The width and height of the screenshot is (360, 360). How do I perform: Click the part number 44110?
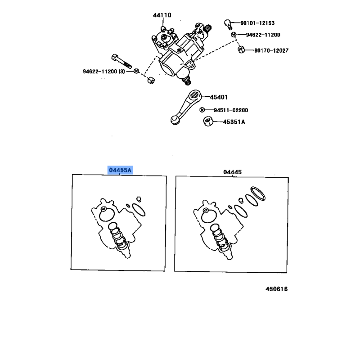[162, 15]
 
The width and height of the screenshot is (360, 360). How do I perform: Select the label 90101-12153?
[257, 23]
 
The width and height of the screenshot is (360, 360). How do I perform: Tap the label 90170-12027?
[271, 50]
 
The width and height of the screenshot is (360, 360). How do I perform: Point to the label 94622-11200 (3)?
[104, 72]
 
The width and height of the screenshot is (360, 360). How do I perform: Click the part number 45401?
[219, 97]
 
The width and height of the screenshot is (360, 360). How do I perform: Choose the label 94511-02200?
[231, 110]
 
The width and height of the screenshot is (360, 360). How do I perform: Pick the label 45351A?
[234, 122]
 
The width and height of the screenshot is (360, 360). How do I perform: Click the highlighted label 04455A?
[120, 170]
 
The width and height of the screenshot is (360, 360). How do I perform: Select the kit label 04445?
[232, 172]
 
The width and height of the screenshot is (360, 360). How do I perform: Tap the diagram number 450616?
[276, 289]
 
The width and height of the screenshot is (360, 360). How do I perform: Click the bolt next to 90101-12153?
[228, 24]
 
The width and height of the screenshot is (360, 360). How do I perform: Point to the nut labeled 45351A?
[208, 121]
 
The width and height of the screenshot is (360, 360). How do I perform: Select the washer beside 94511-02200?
[202, 110]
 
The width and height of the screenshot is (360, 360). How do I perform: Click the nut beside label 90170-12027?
[241, 49]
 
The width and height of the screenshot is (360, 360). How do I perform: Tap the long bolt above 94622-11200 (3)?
[121, 61]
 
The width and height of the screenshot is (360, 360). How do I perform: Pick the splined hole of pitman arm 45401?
[194, 94]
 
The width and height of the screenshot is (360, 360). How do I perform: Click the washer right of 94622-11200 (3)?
[136, 71]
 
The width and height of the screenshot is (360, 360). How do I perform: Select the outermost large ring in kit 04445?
[258, 193]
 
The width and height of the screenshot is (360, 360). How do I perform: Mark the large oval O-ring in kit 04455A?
[139, 210]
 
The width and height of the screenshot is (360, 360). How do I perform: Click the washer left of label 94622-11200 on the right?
[234, 35]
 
